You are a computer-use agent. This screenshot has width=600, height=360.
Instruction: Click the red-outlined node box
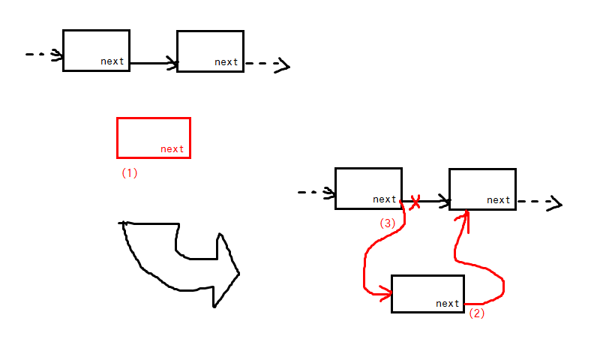coord(154,137)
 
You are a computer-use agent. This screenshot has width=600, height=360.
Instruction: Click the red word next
coord(172,149)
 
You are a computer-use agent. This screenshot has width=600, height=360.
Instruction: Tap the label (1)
coord(130,172)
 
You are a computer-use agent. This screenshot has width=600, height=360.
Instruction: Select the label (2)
coord(477,314)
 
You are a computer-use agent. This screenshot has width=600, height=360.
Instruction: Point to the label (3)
coord(387,223)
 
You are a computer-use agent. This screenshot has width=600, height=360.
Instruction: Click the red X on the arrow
coord(414,201)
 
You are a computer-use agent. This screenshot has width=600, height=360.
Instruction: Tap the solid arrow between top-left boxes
coord(154,64)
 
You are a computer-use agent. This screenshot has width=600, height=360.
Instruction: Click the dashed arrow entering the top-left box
coord(43,55)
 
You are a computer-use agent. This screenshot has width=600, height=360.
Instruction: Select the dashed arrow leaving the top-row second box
coord(267,64)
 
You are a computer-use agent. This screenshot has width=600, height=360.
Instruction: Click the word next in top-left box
coord(112,61)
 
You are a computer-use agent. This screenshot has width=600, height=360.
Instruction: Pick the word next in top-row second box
coord(226,62)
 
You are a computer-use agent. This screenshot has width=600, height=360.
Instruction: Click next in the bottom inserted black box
coord(447,304)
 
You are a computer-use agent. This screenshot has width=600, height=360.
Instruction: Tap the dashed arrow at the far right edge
coord(540,202)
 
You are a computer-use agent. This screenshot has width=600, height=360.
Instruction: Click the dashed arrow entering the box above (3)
coord(316,193)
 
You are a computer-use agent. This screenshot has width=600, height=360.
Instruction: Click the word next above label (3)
coord(384,199)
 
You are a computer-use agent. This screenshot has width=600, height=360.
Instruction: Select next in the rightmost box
coord(498,200)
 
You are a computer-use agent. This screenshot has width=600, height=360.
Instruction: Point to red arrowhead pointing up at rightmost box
coord(465,217)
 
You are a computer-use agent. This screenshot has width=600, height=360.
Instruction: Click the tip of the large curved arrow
coord(238,274)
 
